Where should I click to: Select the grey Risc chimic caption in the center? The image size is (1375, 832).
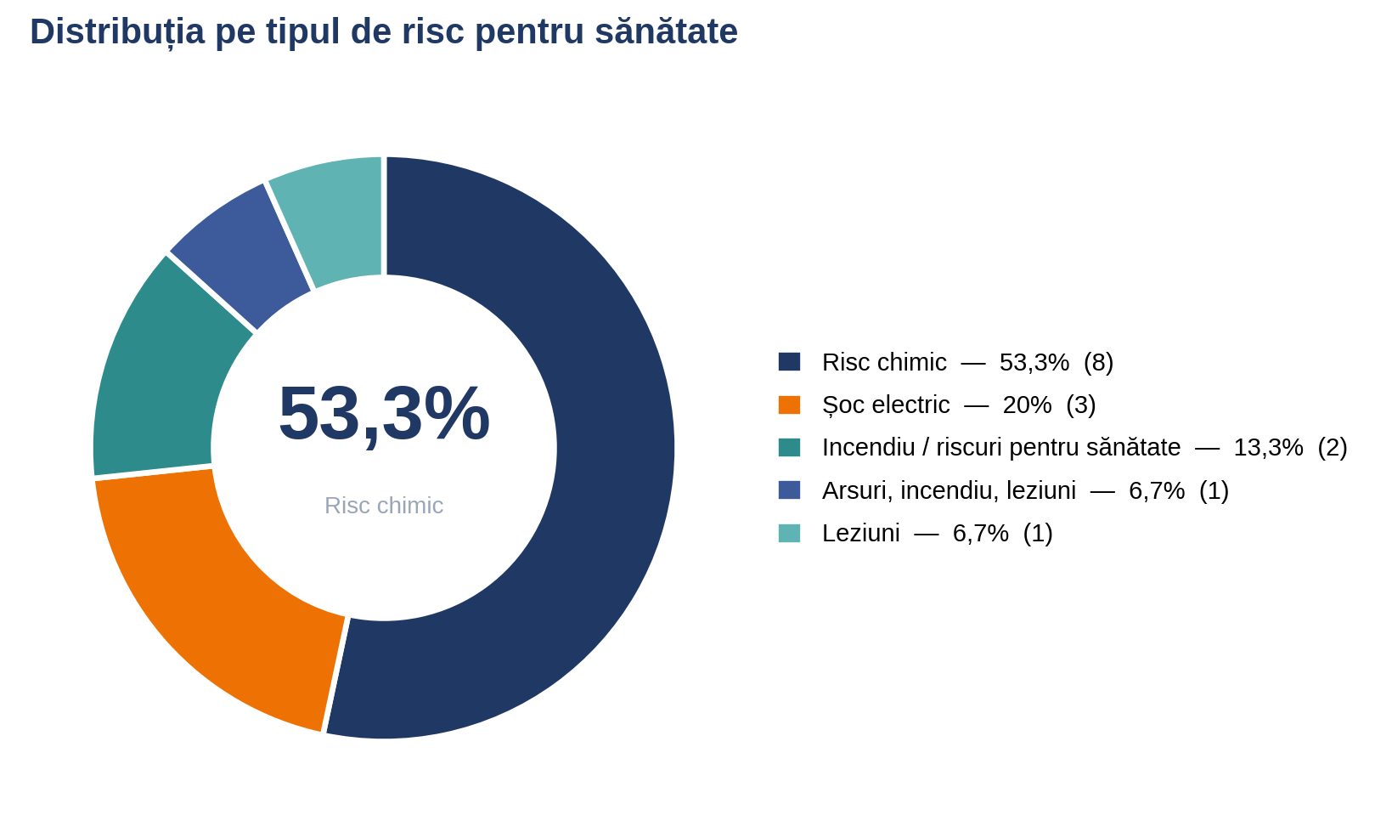pos(384,506)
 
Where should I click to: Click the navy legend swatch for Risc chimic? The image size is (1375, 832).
pos(789,362)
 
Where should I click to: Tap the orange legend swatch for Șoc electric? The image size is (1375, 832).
pos(789,405)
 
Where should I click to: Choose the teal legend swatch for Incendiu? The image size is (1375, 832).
pos(789,447)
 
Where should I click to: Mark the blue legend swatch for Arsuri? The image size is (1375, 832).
pos(789,490)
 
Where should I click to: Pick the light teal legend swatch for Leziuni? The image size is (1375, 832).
pos(789,533)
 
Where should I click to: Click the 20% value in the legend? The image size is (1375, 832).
pos(1027,405)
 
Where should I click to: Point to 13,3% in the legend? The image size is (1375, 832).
pos(1268,448)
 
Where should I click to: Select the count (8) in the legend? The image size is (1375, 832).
pos(1098,362)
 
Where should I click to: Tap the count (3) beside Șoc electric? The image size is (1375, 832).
pos(1081,405)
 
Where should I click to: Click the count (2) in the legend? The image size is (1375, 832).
pos(1333,448)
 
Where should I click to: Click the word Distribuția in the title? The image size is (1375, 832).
pos(117,32)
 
